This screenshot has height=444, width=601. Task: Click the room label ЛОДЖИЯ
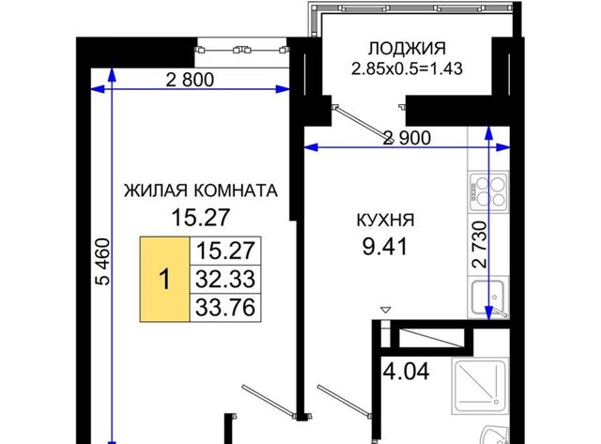pos(407,49)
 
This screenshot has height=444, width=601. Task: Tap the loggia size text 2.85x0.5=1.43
pos(407,69)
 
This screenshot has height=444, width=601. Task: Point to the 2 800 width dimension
pos(190,80)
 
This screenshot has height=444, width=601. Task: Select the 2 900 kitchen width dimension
pos(407,138)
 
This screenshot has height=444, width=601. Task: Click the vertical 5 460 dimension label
pos(102,262)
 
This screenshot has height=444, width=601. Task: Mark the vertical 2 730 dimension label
pos(480,244)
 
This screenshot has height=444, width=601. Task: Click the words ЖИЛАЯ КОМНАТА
pos(200,191)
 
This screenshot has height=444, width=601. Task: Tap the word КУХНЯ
pos(385,221)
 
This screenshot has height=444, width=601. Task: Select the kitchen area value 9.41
pos(385,246)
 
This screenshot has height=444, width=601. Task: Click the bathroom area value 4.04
pos(407,371)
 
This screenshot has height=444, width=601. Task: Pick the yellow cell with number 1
pos(165,280)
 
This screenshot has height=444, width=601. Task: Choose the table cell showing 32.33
pos(225,280)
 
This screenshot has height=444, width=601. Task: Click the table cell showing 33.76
pos(225,308)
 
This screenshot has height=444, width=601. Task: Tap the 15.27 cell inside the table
pos(225,251)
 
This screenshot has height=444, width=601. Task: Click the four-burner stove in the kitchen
pos(488,191)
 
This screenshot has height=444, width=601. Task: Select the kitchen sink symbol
pos(488,298)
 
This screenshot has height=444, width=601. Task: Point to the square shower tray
pos(480,385)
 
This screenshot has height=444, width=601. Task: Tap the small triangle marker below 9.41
pos(386,310)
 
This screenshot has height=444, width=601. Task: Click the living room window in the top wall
pos(242,53)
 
